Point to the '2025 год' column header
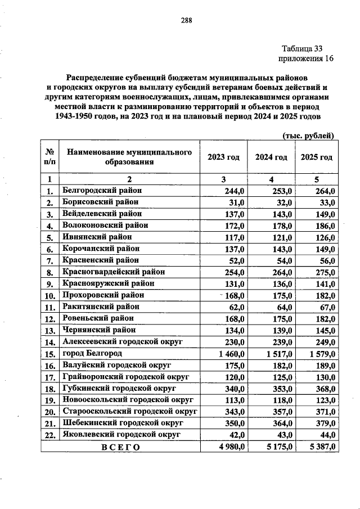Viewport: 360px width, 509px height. pos(317,157)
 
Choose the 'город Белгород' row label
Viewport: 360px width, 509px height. pos(93,353)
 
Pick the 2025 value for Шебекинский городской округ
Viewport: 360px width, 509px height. pos(325,424)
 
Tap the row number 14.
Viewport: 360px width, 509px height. pos(49,342)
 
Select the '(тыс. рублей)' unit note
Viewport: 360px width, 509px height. pos(308,135)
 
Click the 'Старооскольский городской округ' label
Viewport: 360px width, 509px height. pos(129,412)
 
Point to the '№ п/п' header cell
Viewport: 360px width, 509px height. pos(49,157)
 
